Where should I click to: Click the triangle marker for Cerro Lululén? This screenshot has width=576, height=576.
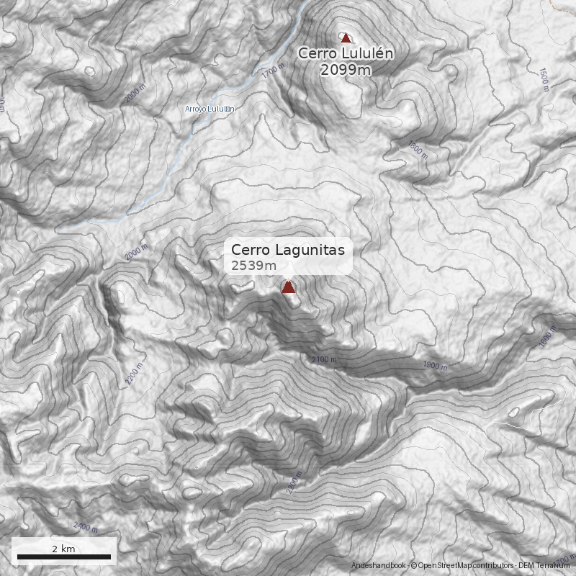pos(346,37)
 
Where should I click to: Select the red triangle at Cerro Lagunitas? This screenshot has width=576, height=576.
pos(288,287)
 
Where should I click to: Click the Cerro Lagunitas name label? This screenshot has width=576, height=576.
pos(288,250)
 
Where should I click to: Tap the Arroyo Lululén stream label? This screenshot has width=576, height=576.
pos(210,109)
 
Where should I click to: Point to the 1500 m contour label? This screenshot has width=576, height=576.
pos(544,80)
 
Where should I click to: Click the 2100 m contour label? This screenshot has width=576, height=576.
pos(324,359)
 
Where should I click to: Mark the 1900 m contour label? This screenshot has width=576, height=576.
pos(435,366)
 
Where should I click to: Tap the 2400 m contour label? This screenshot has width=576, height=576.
pos(85,528)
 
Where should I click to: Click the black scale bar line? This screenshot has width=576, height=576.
pos(64,557)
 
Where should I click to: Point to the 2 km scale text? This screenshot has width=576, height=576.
pos(64,549)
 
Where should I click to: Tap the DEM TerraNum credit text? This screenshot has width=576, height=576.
pos(547,566)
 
